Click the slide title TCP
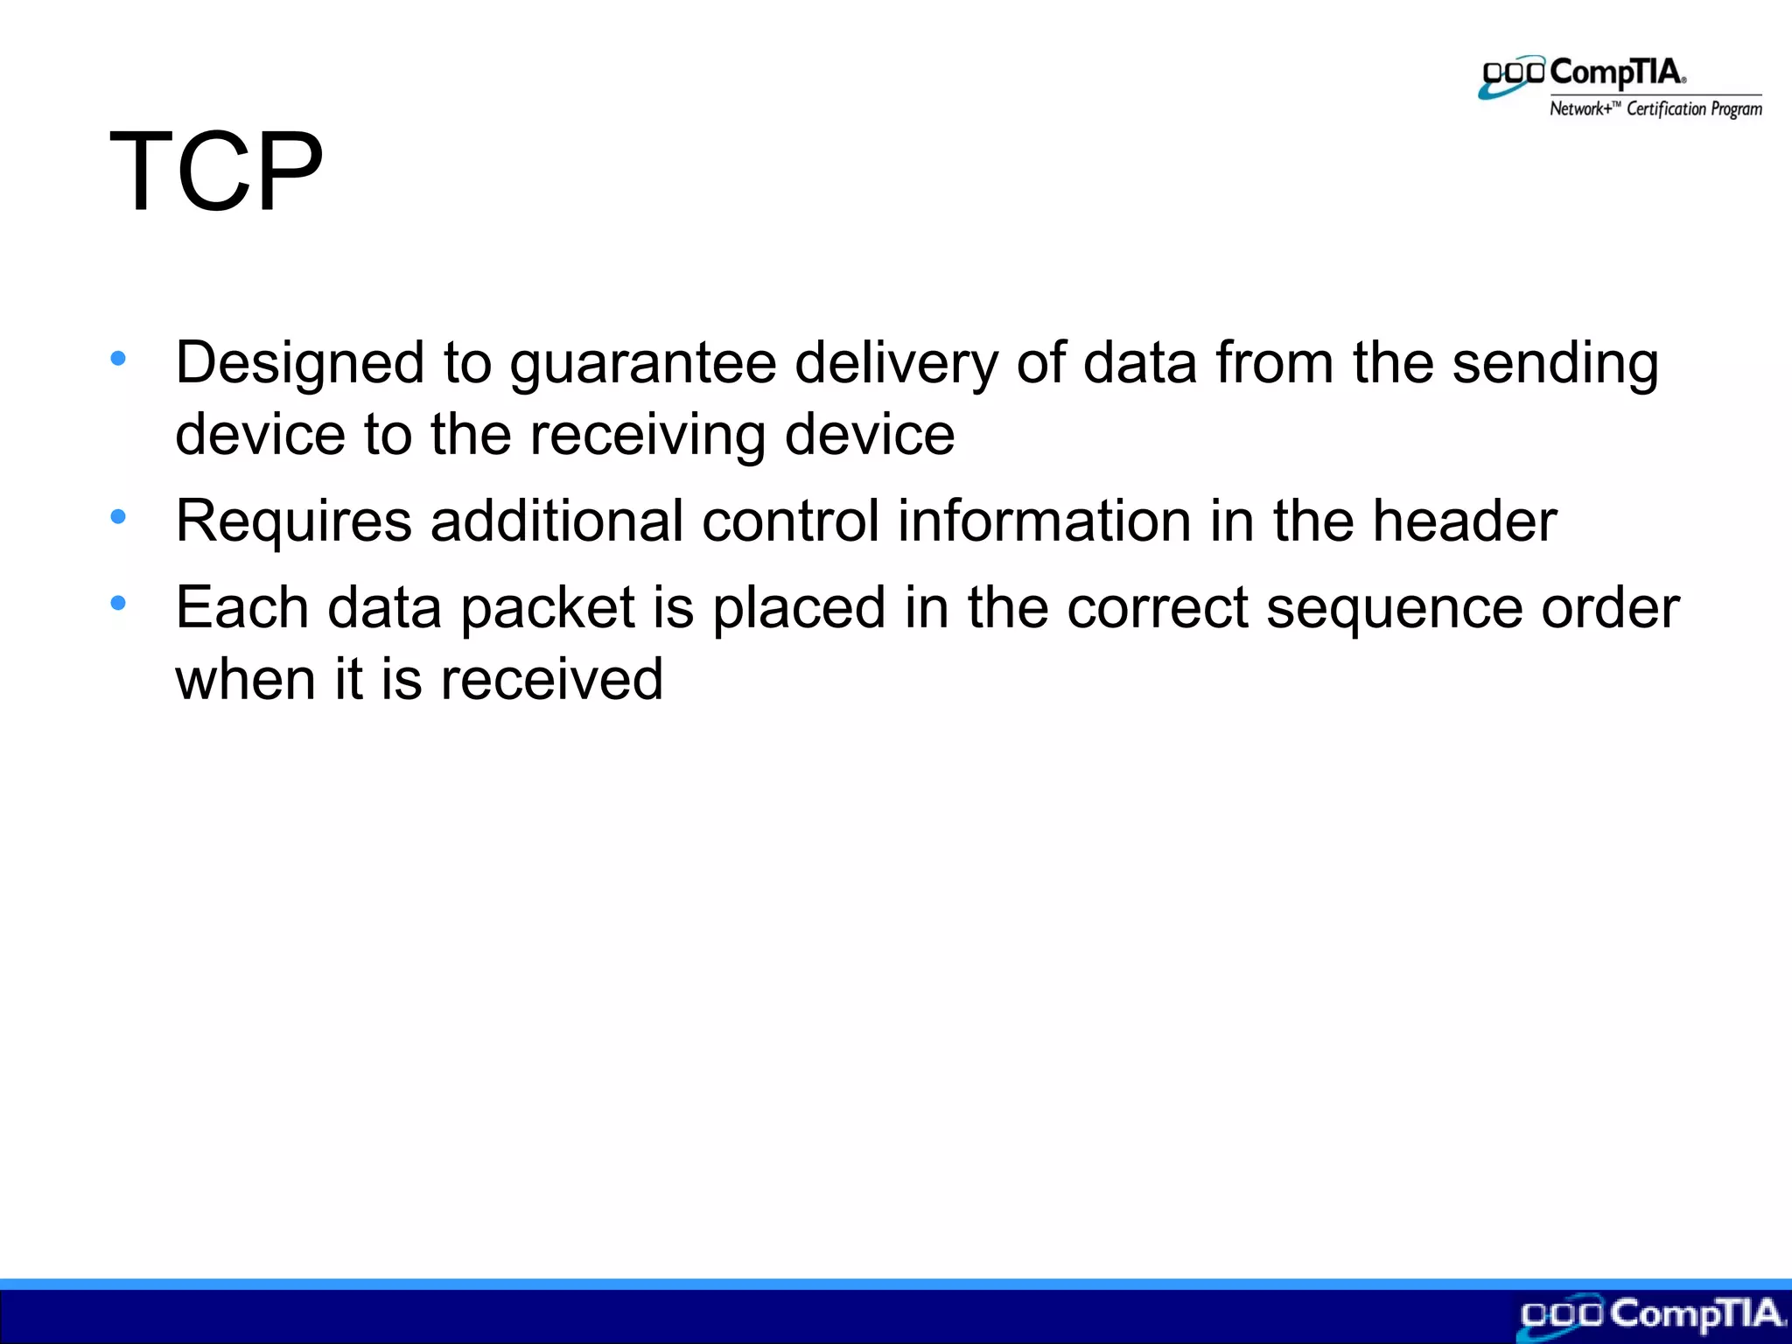(216, 171)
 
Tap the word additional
(556, 521)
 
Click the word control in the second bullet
(790, 521)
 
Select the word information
(1045, 521)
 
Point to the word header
(1464, 521)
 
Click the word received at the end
(551, 680)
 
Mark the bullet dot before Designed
(118, 358)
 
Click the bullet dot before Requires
(118, 516)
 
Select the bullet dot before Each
(118, 603)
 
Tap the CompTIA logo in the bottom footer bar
(1650, 1316)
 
